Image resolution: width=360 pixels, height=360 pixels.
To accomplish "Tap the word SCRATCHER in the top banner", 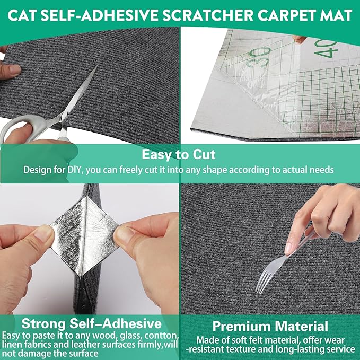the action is (x=209, y=15).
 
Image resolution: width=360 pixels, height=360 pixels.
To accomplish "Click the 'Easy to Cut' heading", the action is (x=178, y=154).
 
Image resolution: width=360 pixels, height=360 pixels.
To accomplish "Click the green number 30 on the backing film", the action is (x=259, y=57).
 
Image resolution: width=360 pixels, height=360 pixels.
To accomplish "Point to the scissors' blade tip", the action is (x=97, y=66).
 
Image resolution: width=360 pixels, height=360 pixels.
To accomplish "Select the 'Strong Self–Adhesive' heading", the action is (x=91, y=324).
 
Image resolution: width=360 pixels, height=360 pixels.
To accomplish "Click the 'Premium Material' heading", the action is (x=270, y=326).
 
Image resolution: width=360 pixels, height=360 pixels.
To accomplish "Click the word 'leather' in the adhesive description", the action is (x=88, y=345).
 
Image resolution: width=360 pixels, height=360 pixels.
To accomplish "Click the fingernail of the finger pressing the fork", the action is (x=288, y=249).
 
